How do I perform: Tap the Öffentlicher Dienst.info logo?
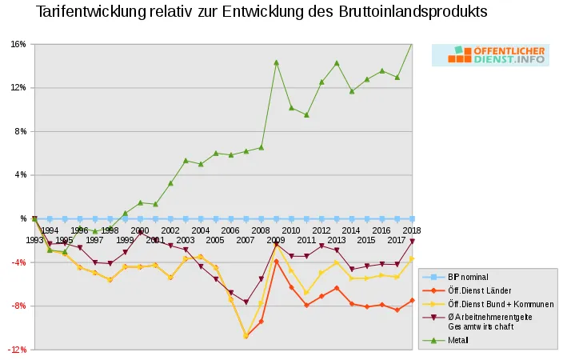[490, 54]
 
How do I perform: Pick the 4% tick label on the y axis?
[21, 174]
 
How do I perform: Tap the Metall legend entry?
[458, 340]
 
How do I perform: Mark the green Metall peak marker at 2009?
[276, 62]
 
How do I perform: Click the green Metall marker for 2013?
[337, 63]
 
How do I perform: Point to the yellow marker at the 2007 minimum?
[246, 336]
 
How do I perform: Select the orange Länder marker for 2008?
[261, 321]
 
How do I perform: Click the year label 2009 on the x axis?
[276, 240]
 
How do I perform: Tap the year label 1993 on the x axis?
[34, 240]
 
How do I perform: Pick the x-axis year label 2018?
[412, 230]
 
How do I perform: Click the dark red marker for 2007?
[246, 302]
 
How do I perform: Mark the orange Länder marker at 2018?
[412, 300]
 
